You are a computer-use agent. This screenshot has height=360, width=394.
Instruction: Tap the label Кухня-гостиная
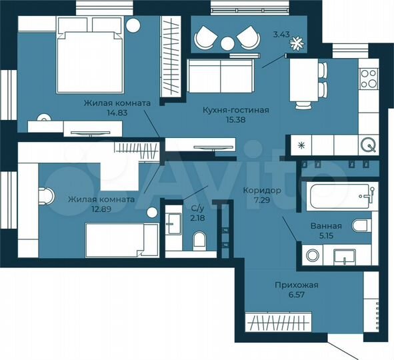coord(236,110)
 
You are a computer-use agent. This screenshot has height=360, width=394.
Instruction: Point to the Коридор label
coord(262,190)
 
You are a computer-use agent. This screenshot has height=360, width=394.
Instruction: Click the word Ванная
coord(327,226)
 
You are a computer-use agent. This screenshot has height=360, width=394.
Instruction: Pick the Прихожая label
coord(297,285)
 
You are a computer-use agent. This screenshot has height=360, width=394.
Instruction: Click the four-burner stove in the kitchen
coord(368,79)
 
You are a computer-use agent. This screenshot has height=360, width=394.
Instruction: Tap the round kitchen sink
coord(367,144)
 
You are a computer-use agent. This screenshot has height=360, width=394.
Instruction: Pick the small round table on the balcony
coord(229,43)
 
